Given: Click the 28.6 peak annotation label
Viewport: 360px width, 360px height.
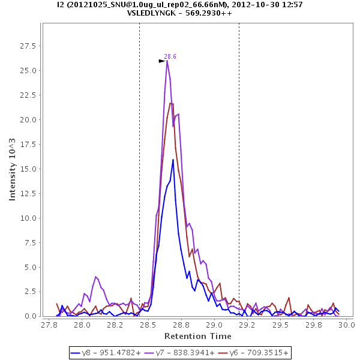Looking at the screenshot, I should pos(170,56).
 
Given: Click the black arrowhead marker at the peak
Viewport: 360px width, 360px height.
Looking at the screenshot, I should pos(161,61).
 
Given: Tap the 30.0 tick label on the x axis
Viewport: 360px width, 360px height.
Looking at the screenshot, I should pos(347,325).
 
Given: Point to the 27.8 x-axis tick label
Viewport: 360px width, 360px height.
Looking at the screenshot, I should pos(49,325).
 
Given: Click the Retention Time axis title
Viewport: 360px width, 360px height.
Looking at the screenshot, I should pos(198,336).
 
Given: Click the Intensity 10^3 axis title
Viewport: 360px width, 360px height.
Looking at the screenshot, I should pos(13,169).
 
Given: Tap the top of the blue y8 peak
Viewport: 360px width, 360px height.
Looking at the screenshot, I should pos(173,160).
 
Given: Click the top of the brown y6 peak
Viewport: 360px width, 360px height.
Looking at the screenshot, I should pos(170,103).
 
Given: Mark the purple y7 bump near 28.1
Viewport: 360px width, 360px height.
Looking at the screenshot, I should pos(95,277).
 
